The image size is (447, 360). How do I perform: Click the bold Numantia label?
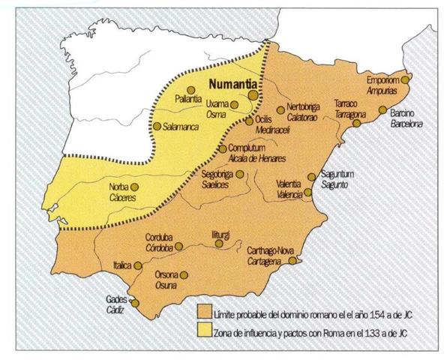point(233,85)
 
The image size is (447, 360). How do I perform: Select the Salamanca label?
point(181,127)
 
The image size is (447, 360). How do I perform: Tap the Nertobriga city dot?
point(280,109)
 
